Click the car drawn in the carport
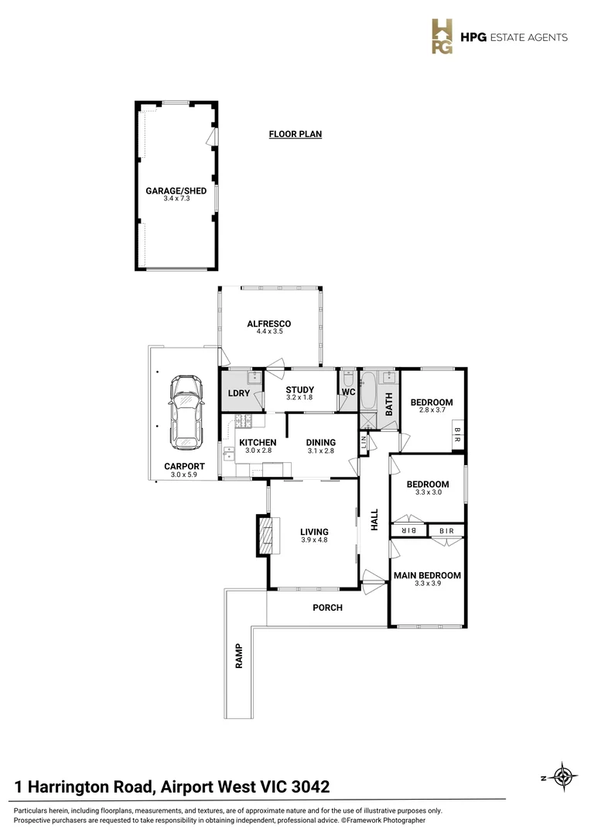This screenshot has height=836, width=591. click(x=185, y=412)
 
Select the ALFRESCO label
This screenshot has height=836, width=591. click(x=268, y=324)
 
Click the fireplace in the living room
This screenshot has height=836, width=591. click(x=265, y=536)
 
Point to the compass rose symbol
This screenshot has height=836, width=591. click(x=565, y=777)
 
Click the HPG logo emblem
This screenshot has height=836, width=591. click(x=442, y=36)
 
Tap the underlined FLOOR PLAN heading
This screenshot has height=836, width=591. click(x=295, y=134)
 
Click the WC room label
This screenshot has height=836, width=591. click(x=348, y=392)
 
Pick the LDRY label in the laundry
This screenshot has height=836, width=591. click(x=237, y=392)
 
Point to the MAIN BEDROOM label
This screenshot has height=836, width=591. click(x=427, y=575)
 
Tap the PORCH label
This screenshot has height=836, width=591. click(x=327, y=608)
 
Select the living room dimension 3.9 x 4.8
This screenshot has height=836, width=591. click(x=314, y=540)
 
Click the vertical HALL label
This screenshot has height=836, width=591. click(x=374, y=519)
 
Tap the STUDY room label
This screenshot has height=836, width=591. click(x=299, y=389)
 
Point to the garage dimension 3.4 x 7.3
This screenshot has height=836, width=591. click(x=176, y=199)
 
